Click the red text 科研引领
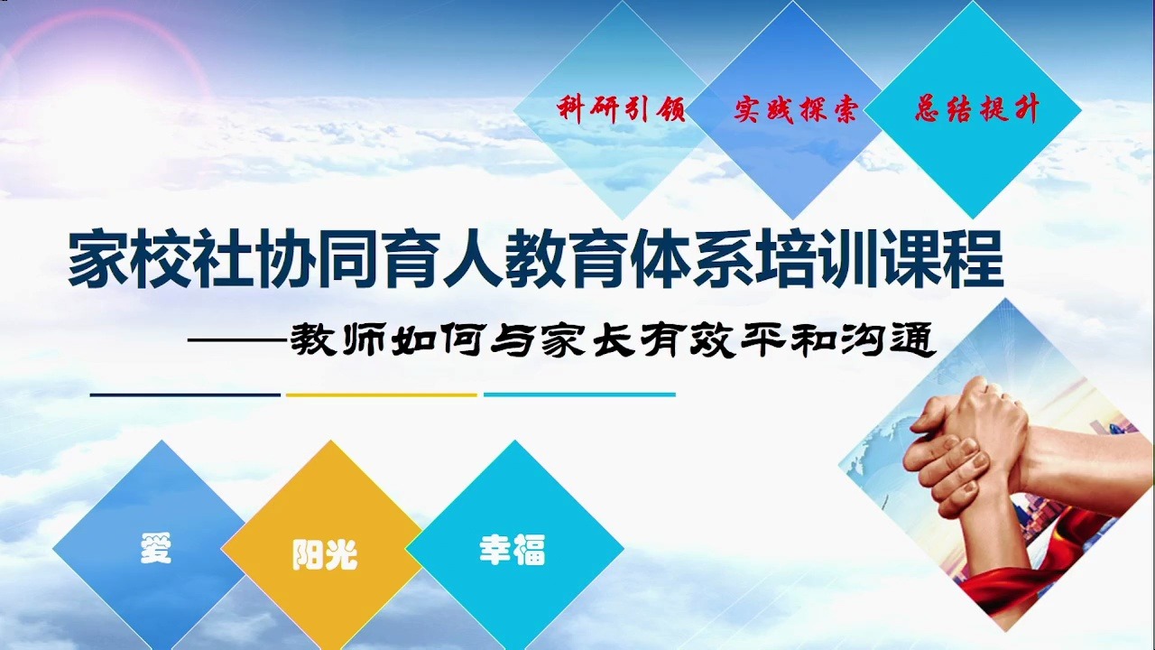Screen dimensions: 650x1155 coord(622,110)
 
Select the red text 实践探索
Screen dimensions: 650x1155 coord(795,110)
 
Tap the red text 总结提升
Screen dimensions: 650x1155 coord(977,110)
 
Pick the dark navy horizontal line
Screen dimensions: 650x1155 coord(185,395)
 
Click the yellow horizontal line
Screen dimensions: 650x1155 coord(381,395)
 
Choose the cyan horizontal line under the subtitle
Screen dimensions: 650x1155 coord(579,395)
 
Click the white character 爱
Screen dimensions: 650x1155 coord(155,549)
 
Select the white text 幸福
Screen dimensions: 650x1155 coord(512,551)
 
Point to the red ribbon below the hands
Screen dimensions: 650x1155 coord(1020,578)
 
